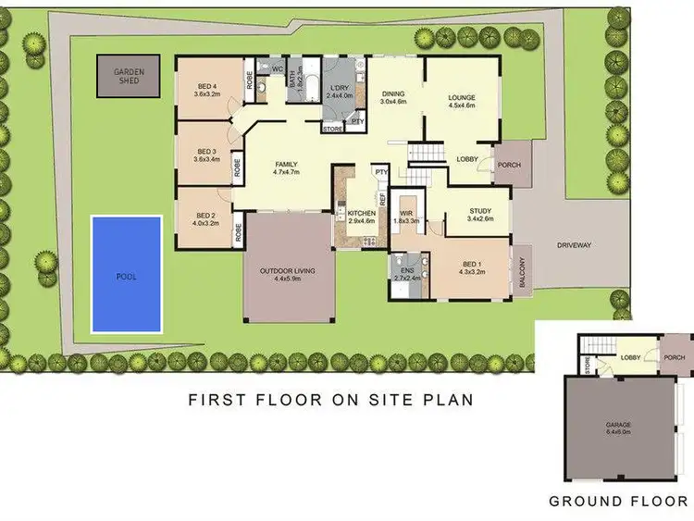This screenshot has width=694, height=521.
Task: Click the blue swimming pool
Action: tap(126, 274)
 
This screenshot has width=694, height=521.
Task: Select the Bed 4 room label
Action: tap(206, 88)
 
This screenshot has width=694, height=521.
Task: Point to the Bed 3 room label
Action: tap(206, 152)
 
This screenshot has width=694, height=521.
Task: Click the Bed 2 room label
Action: tap(206, 217)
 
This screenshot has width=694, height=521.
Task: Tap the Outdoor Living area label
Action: tap(286, 271)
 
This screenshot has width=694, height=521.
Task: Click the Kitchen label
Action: tap(360, 213)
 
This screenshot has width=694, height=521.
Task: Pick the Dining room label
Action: tap(394, 93)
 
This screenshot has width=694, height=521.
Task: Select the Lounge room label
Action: tap(460, 97)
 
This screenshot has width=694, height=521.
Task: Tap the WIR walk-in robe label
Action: tap(406, 214)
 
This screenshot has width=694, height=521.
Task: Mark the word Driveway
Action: tap(575, 245)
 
